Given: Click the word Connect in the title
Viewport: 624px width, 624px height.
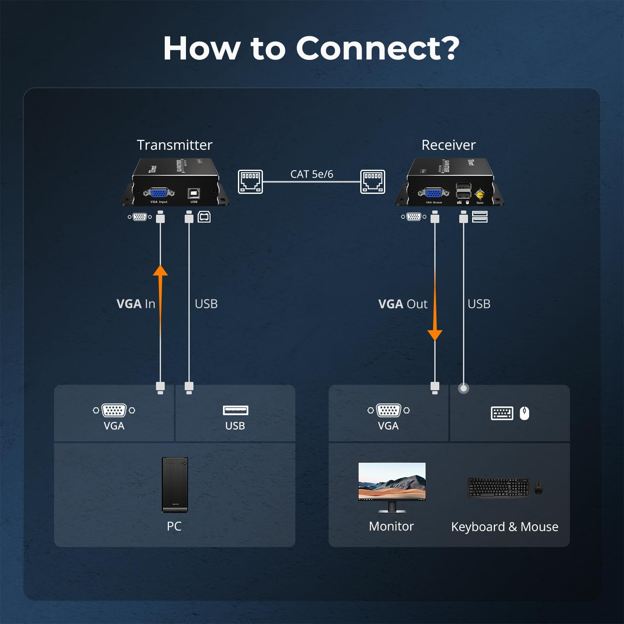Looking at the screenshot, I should (369, 49).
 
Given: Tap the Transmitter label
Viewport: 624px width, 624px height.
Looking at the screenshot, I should (174, 145).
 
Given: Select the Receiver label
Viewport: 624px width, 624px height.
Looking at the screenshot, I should (448, 145).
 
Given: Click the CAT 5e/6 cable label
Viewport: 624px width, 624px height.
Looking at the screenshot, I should (312, 174).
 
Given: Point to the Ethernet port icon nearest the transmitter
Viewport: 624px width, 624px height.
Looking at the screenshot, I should (250, 181).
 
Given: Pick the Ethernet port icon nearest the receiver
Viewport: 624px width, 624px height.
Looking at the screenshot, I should (372, 181).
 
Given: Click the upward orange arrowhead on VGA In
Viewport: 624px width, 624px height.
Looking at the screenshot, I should (160, 271).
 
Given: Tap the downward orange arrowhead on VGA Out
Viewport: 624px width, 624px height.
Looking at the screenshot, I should (435, 334).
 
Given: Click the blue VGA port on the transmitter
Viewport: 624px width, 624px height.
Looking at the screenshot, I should (158, 193).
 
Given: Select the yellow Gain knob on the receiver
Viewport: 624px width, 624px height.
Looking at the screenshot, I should (480, 194).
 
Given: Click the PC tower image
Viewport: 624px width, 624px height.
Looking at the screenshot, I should (175, 485).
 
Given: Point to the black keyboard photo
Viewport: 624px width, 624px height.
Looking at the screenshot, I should (498, 487).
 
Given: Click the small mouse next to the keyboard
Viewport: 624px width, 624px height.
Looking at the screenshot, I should (538, 487).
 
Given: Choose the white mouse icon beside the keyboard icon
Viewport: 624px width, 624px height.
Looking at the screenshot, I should (524, 413).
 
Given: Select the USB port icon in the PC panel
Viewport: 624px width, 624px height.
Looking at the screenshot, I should (235, 410).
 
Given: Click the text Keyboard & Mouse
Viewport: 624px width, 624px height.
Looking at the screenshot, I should (504, 527).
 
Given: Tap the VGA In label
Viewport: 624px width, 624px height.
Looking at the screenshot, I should (136, 304).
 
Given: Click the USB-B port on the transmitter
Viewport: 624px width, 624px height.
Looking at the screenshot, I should (194, 193).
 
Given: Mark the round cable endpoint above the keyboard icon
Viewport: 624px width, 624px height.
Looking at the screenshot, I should (463, 388).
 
